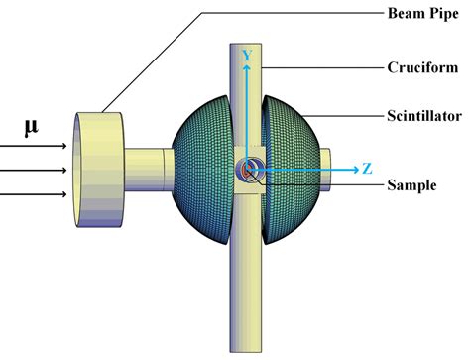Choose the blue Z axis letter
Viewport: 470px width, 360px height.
click(368, 169)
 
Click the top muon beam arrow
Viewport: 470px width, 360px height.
click(34, 145)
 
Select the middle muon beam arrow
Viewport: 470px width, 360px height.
click(34, 168)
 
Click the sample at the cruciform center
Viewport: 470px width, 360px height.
click(247, 170)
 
